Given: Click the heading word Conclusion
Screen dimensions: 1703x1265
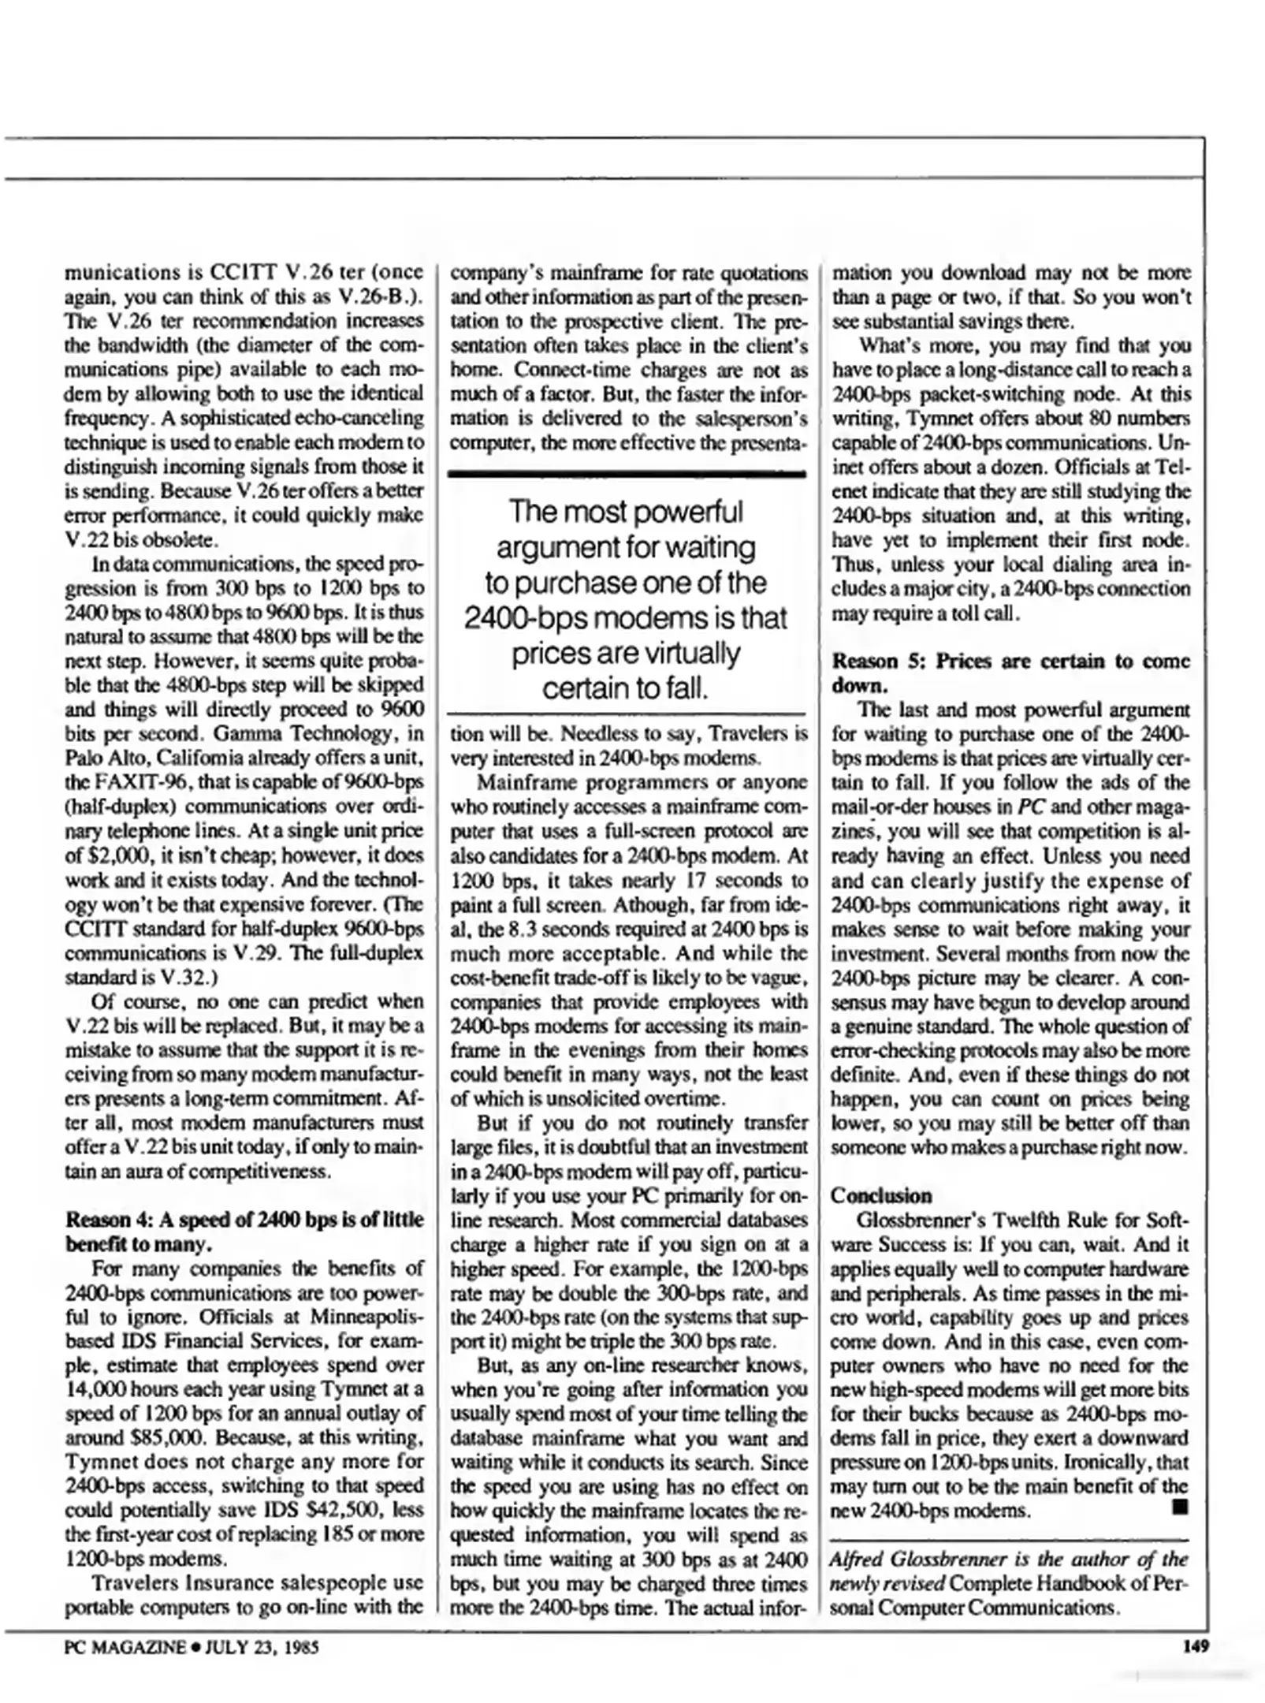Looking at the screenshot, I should (881, 1195).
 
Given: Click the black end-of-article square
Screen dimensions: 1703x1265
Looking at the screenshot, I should (1179, 1508).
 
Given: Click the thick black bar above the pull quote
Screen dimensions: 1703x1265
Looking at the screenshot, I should (627, 474).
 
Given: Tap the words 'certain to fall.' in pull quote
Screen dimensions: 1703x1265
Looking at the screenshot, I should (625, 688).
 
